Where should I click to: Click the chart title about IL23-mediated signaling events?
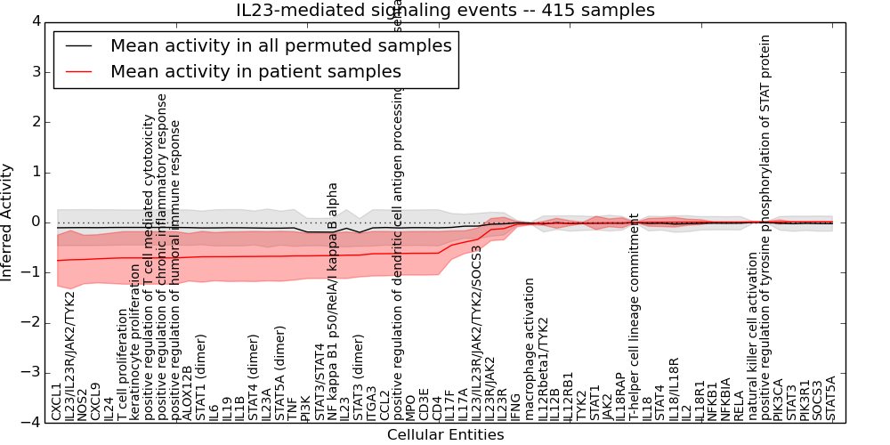(445, 11)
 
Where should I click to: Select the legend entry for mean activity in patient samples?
(255, 71)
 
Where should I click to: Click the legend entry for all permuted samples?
(280, 45)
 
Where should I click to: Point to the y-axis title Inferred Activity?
(8, 222)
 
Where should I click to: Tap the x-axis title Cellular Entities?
(445, 435)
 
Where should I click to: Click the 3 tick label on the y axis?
(36, 71)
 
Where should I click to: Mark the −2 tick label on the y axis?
(33, 322)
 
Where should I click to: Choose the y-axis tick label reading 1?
(36, 172)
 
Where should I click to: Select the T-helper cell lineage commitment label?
(634, 317)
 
